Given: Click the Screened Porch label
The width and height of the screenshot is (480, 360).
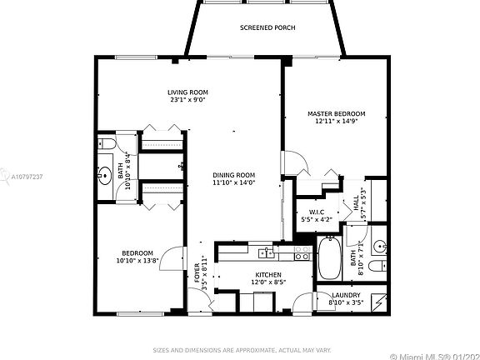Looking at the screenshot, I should tap(267, 27).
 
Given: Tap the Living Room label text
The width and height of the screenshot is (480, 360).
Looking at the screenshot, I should tap(187, 92).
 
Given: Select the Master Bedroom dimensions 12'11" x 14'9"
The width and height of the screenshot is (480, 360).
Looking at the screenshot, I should tap(336, 122).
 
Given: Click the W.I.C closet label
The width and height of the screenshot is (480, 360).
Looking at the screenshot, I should tap(316, 212).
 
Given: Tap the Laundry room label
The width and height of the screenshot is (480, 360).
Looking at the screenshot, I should tap(345, 295).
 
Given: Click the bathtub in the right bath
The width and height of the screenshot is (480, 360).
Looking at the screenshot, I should tap(328, 258).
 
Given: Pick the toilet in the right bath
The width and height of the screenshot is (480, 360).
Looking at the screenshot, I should tap(377, 267).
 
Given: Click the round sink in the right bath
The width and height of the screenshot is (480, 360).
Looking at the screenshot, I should tap(377, 245).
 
